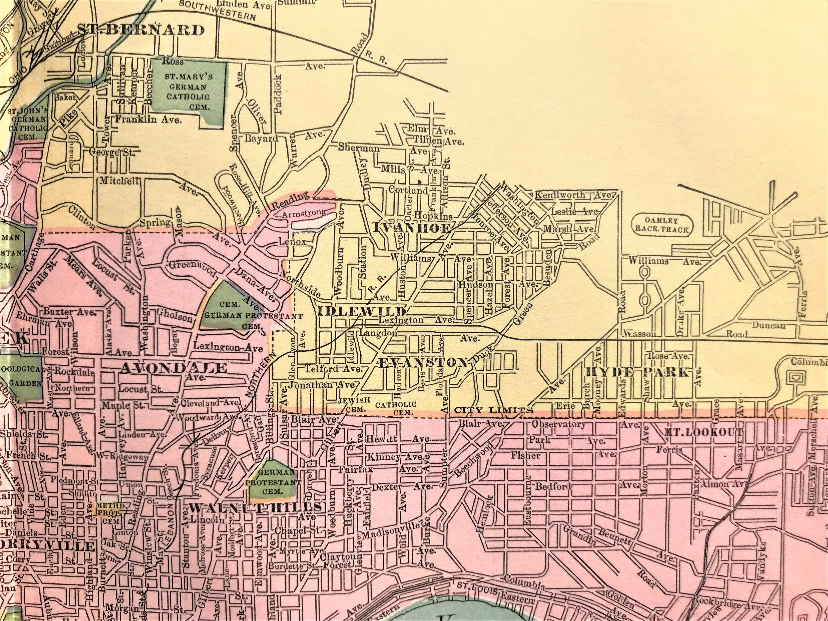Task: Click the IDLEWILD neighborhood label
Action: pos(362,311)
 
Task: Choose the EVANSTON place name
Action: pos(423,362)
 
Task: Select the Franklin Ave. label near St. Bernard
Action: pos(148,120)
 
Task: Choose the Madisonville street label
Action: pos(394,535)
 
